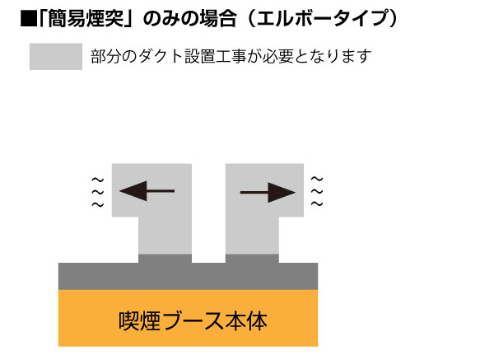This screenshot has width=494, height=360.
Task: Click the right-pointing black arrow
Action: tap(268, 192)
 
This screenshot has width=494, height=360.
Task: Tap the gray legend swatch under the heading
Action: tap(55, 57)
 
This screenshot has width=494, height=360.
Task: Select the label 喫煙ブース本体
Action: tap(188, 319)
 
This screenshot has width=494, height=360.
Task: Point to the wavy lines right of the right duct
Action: tap(317, 191)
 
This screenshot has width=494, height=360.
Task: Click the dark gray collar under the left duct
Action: tap(165, 259)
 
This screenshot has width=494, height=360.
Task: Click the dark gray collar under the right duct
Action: tap(250, 259)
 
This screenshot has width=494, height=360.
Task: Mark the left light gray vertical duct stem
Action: tap(165, 236)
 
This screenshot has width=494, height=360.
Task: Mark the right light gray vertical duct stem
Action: tap(250, 236)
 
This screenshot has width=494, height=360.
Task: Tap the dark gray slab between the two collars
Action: tap(208, 274)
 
